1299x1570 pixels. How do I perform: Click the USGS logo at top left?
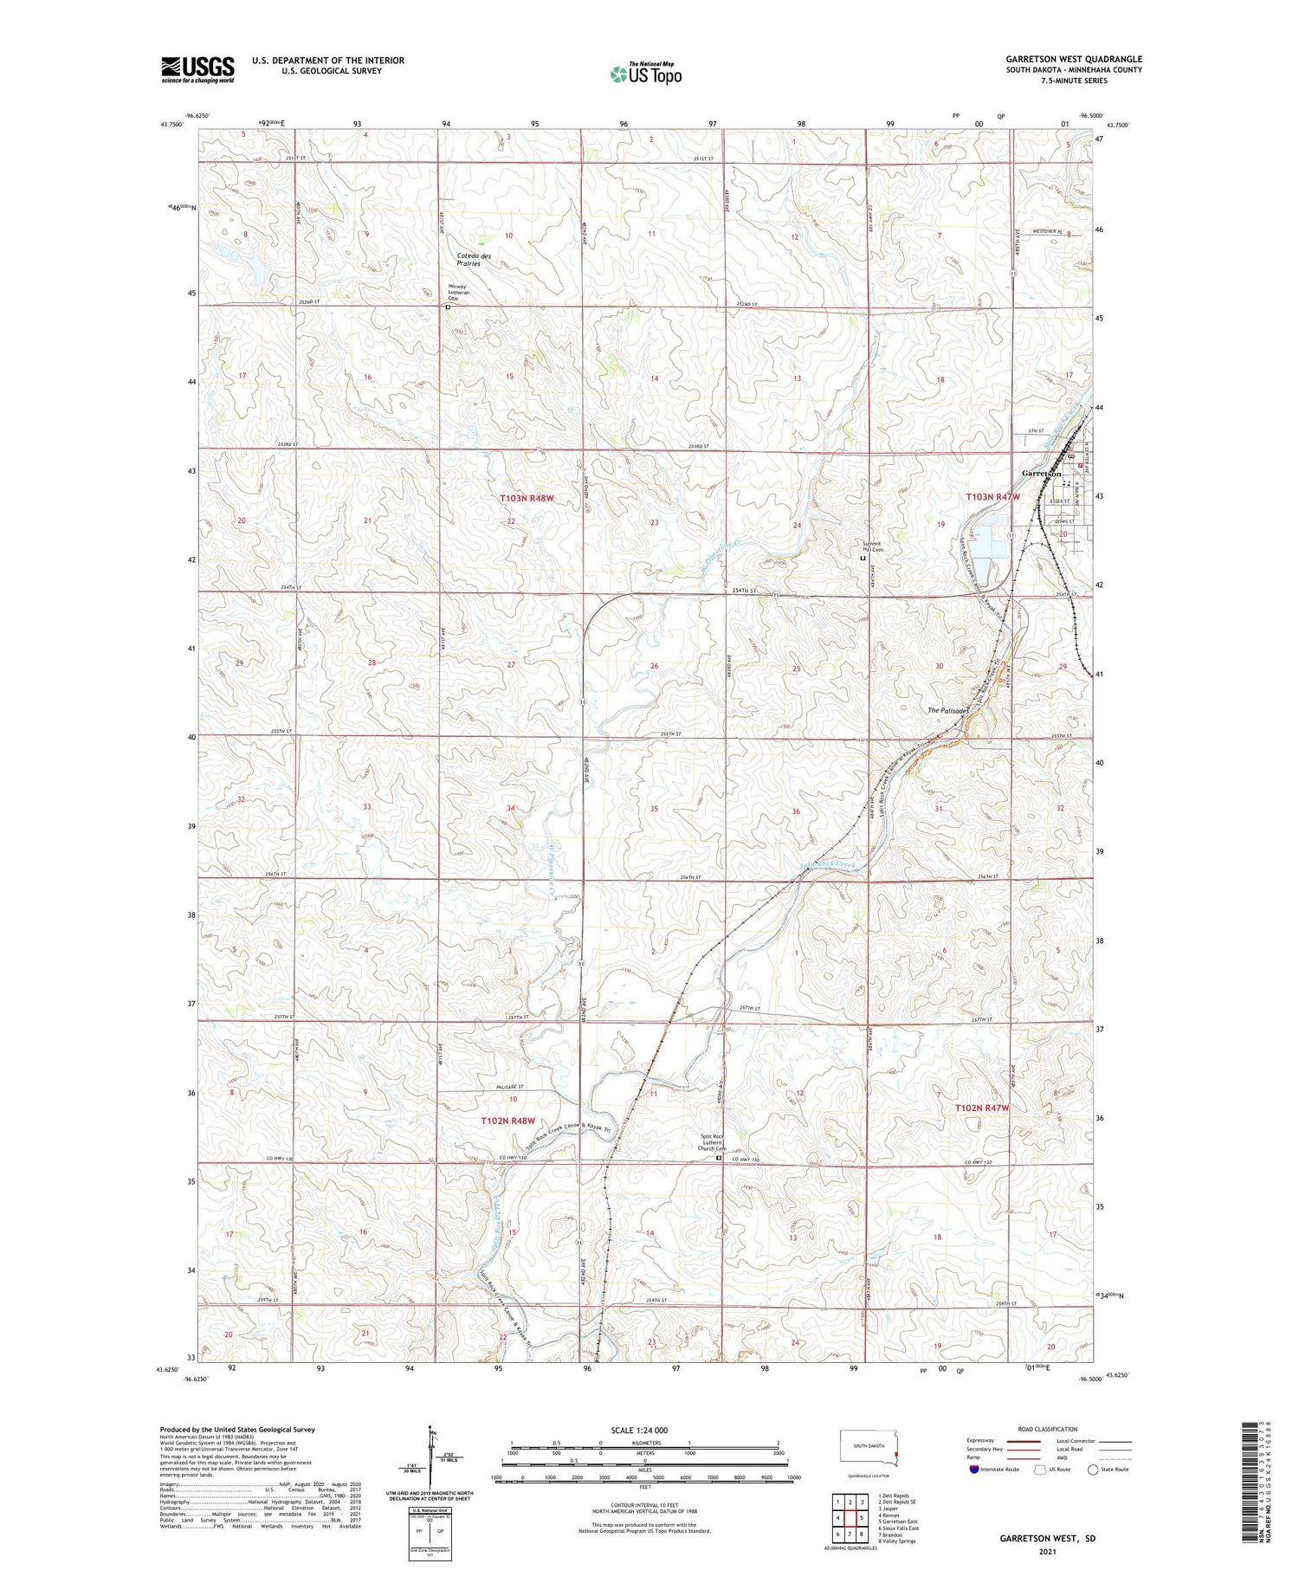(x=197, y=69)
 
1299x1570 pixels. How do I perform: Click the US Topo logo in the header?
(x=645, y=74)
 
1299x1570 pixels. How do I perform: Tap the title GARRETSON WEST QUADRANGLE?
(x=1073, y=59)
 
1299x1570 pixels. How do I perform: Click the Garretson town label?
(x=1042, y=474)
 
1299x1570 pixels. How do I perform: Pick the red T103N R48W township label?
(x=526, y=499)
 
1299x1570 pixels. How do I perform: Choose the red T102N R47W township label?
(x=982, y=1108)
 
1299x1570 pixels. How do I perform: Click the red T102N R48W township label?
(x=507, y=1121)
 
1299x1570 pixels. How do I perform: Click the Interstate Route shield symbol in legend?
(x=973, y=1470)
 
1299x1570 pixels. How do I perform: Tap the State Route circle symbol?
(x=1094, y=1470)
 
